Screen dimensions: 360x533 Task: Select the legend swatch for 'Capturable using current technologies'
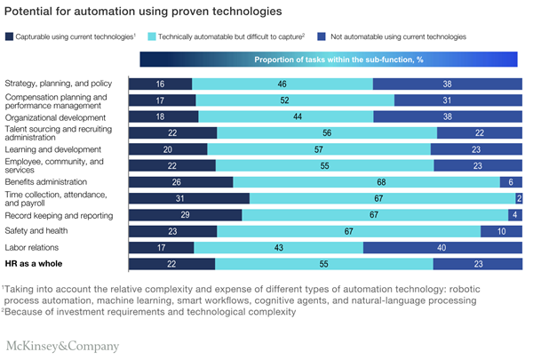pyautogui.click(x=10, y=36)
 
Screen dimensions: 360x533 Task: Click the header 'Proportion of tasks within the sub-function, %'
pyautogui.click(x=328, y=59)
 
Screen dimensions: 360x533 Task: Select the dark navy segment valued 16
pyautogui.click(x=161, y=83)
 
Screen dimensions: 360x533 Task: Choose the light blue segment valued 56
pyautogui.click(x=326, y=132)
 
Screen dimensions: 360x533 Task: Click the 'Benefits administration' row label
pyautogui.click(x=51, y=181)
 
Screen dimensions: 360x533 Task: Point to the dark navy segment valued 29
pyautogui.click(x=186, y=214)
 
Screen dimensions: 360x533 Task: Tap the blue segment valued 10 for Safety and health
pyautogui.click(x=502, y=231)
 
